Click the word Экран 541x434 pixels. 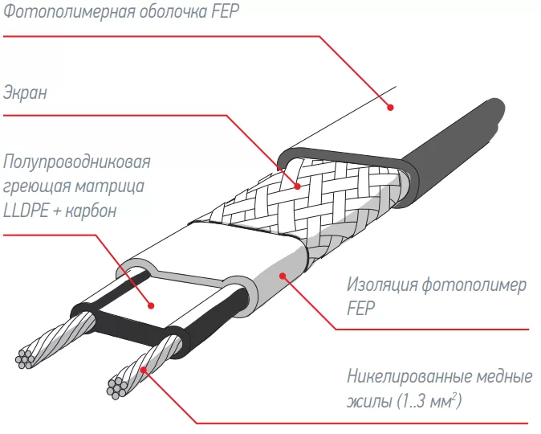click(x=26, y=93)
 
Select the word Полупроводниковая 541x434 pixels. click(x=77, y=162)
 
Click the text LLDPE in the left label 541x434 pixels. click(x=25, y=211)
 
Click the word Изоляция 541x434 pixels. click(x=384, y=285)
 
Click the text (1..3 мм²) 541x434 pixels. click(x=433, y=399)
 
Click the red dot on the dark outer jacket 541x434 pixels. click(x=391, y=105)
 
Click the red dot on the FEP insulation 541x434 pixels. click(x=283, y=276)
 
